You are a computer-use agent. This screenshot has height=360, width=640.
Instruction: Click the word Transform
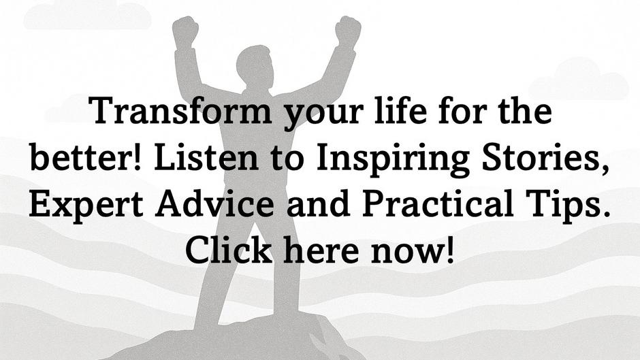pos(180,111)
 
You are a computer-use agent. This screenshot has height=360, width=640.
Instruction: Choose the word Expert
pos(86,206)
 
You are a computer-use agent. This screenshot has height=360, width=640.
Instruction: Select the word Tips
pos(568,206)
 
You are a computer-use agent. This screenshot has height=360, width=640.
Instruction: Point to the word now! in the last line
pos(412,249)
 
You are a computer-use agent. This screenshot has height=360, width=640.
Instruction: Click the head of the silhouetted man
pos(254,65)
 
